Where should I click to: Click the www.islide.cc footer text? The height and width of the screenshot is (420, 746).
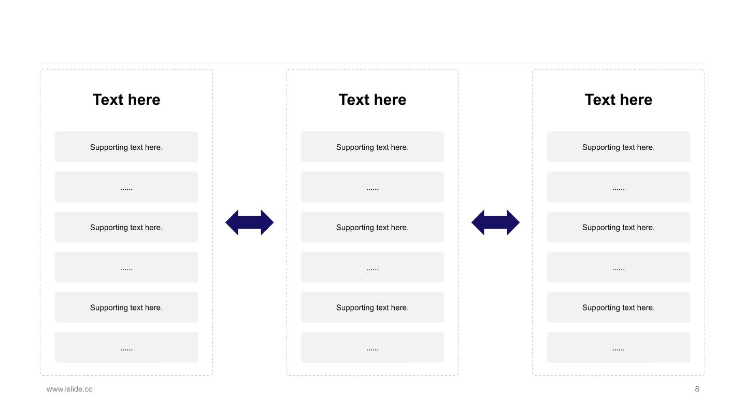tap(69, 389)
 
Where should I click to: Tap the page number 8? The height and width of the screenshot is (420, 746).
tap(697, 389)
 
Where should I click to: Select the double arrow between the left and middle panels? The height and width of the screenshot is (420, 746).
tap(250, 222)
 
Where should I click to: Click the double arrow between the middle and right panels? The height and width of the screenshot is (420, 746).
tap(496, 222)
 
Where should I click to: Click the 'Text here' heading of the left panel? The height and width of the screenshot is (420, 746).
tap(126, 100)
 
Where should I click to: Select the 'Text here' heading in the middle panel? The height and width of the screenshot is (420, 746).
tap(372, 100)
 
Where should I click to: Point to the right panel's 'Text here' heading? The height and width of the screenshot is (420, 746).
tap(619, 100)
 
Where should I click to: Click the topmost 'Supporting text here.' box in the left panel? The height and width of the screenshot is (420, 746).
tap(126, 147)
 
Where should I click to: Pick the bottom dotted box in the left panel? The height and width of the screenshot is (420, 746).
tap(126, 347)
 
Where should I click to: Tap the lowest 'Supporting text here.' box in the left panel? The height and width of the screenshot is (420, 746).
tap(126, 307)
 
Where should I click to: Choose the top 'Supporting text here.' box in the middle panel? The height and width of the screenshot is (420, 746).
tap(372, 147)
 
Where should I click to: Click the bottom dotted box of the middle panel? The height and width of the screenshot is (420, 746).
tap(372, 347)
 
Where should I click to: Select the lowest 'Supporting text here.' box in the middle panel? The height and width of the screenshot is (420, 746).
tap(372, 307)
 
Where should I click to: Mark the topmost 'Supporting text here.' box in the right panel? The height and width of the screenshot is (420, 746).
tap(619, 147)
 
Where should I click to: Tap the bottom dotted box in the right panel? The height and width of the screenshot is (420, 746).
tap(619, 347)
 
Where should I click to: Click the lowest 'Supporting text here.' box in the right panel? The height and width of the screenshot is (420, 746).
tap(619, 307)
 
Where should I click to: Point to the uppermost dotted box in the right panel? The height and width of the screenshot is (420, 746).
tap(619, 187)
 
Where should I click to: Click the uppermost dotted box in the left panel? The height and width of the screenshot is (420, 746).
tap(126, 187)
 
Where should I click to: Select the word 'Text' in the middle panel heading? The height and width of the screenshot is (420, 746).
tap(354, 100)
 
